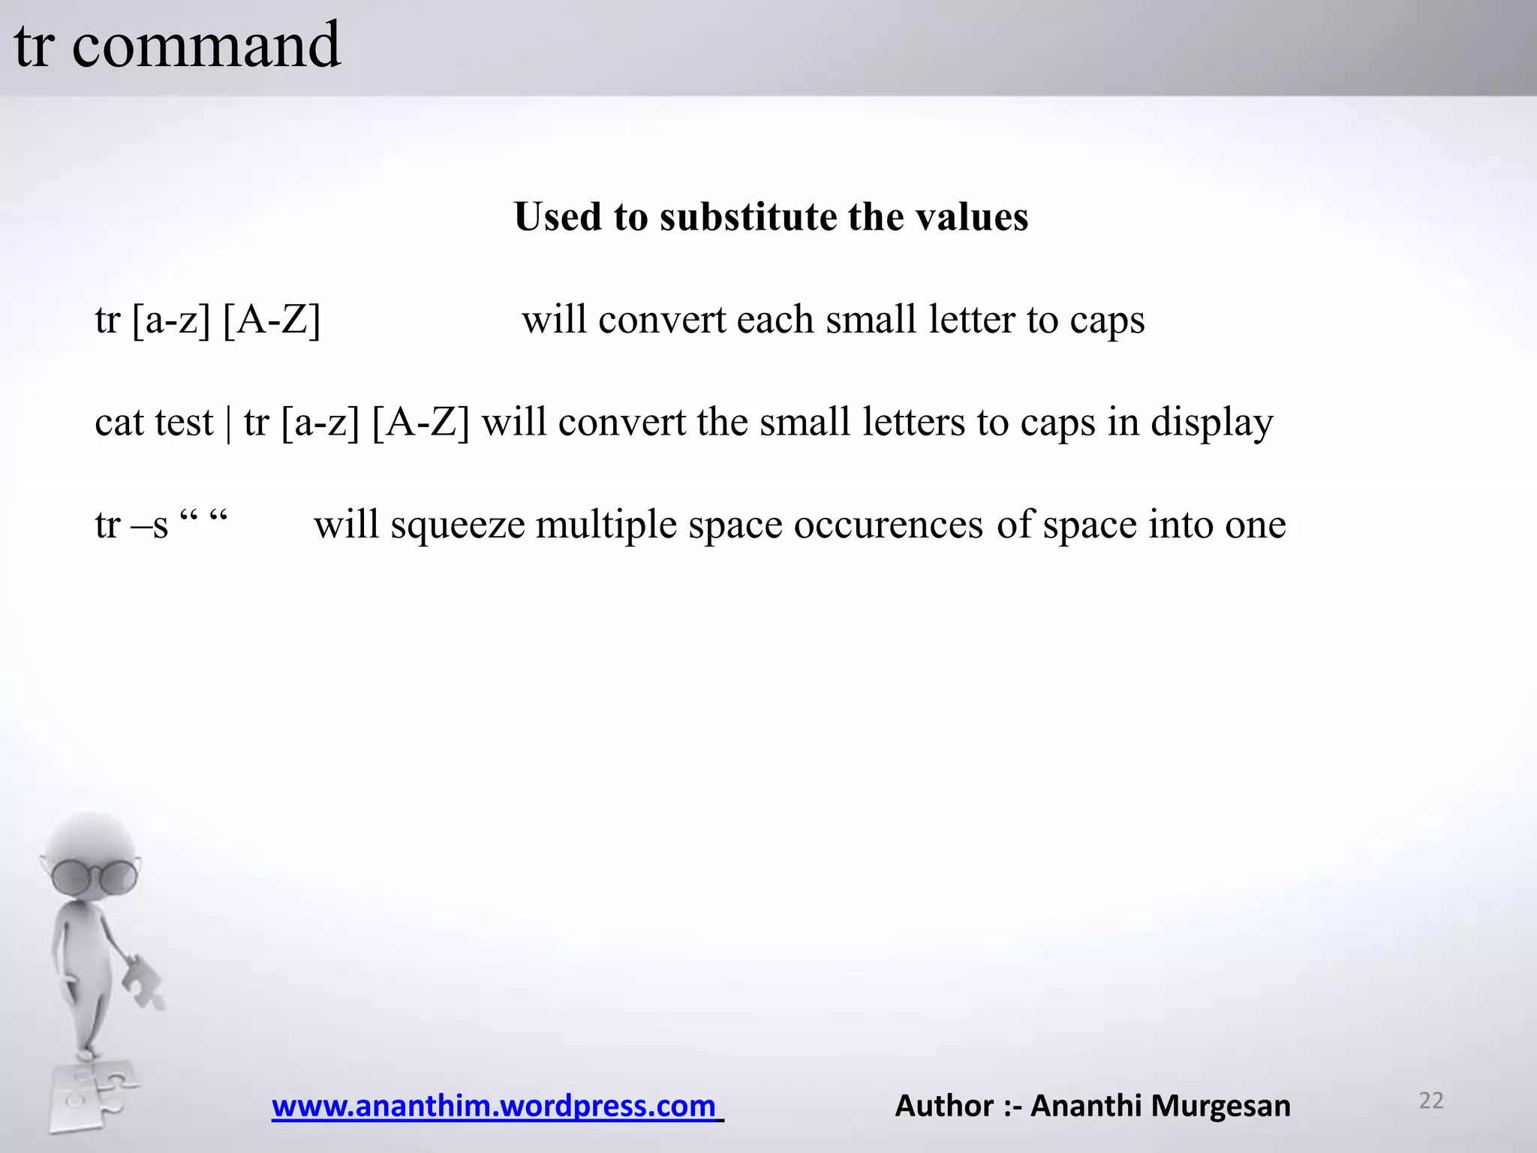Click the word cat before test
(119, 423)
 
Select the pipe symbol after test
(229, 423)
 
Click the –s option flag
(149, 525)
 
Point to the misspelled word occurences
(888, 525)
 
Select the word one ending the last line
(1255, 525)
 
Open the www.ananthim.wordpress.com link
(495, 1106)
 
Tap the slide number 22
(1431, 1100)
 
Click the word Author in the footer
(944, 1106)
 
